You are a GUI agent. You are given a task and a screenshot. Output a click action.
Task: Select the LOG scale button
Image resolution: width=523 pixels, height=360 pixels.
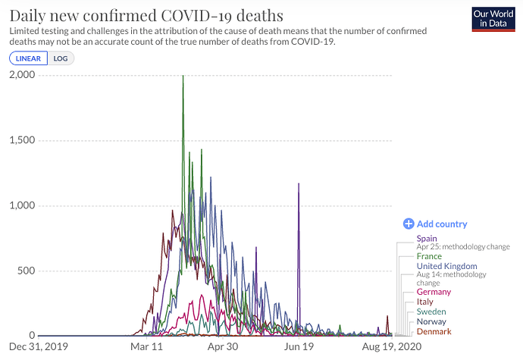pos(60,58)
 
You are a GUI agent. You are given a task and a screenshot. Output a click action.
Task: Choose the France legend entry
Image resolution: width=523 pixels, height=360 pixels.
pos(429,256)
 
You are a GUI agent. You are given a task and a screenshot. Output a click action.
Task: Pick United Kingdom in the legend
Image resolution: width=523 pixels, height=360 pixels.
pos(446,266)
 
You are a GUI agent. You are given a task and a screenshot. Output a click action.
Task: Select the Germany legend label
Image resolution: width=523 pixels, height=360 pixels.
pos(434,292)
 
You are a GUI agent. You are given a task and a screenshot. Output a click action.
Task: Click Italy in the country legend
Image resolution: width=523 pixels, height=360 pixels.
pos(425,302)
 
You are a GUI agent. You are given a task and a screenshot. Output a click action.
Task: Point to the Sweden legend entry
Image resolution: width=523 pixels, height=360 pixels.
pos(431,311)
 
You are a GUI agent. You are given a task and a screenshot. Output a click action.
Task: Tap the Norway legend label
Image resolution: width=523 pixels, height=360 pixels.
pos(432,321)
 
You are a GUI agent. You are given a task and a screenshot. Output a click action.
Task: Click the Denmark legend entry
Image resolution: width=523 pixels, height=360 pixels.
pos(434,331)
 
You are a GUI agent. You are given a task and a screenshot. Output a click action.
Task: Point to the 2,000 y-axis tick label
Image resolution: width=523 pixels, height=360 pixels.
pos(23,75)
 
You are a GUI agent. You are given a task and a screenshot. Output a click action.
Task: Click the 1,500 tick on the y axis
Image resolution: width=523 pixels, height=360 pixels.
pos(23,140)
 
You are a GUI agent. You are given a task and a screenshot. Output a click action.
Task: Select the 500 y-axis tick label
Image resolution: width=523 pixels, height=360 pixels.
pos(28,271)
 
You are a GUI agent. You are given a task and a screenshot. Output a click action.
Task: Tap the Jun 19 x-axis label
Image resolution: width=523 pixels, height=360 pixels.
pos(299,347)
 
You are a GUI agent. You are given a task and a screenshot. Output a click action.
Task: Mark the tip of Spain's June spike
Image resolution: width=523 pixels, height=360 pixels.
pos(299,183)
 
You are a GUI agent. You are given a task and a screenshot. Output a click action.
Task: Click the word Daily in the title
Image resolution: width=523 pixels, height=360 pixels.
pos(28,14)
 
